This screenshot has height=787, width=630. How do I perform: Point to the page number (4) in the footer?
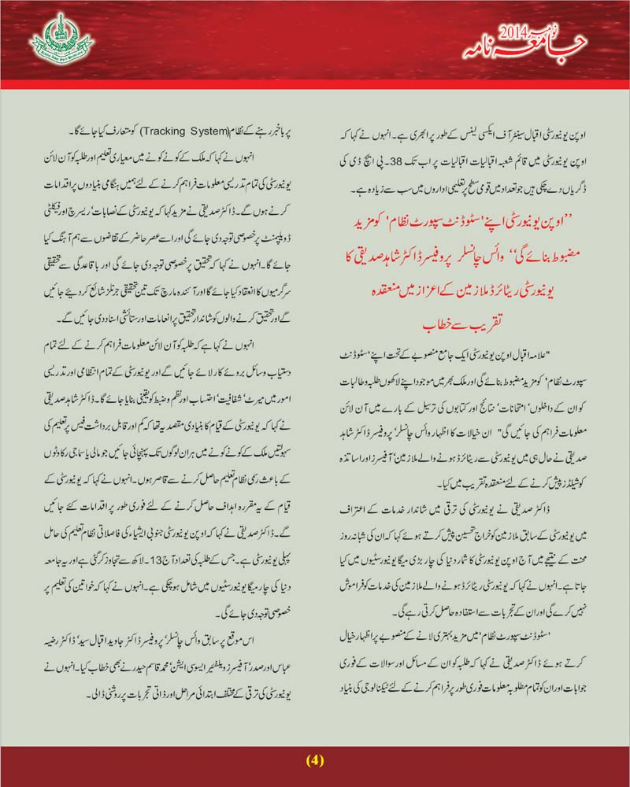click(x=315, y=760)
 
